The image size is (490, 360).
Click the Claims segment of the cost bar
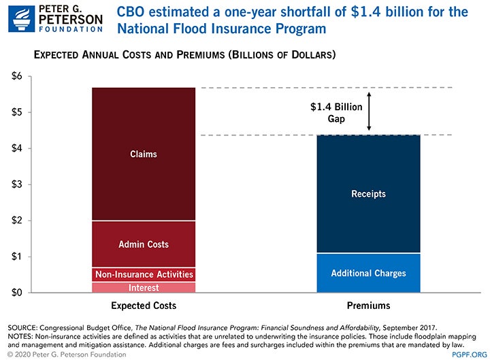click(x=144, y=154)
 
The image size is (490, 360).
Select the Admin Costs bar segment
click(x=144, y=244)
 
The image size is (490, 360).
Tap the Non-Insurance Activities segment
click(x=144, y=274)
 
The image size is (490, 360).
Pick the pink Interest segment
click(x=144, y=287)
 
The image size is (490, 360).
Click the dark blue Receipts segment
click(x=368, y=194)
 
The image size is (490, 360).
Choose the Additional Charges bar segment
click(x=368, y=273)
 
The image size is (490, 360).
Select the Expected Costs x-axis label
click(x=144, y=306)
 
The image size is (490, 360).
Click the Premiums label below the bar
click(x=368, y=306)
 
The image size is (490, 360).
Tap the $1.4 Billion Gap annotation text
click(x=337, y=113)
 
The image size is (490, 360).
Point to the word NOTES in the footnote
click(x=20, y=336)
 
